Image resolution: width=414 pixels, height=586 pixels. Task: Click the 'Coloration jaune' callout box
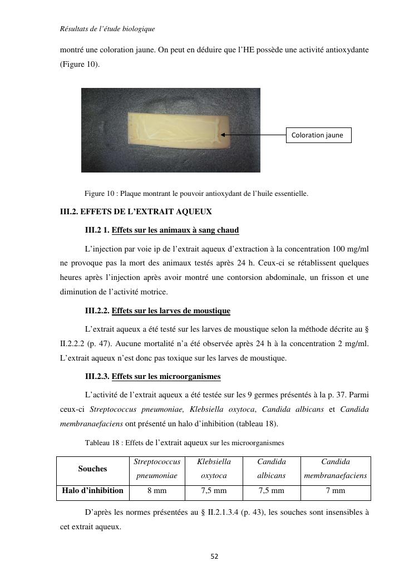(318, 135)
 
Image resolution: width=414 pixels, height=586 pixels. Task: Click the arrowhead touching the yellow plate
(223, 135)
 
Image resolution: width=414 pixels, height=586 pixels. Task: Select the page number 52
(214, 556)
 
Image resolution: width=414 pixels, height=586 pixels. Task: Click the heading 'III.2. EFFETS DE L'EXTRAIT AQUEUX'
(136, 212)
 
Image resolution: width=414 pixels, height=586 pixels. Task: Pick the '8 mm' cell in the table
(157, 490)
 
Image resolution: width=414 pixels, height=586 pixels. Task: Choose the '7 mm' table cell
(336, 490)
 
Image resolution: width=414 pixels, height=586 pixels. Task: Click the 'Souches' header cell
(92, 469)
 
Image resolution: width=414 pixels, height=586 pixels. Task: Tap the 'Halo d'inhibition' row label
(93, 490)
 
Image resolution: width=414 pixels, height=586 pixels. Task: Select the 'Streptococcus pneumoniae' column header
(157, 469)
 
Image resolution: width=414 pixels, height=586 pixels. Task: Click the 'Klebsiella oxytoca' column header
(214, 469)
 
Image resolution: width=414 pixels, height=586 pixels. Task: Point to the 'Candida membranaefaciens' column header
(336, 469)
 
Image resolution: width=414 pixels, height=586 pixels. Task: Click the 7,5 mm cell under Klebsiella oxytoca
(214, 490)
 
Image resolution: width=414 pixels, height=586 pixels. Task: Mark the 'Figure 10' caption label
(100, 194)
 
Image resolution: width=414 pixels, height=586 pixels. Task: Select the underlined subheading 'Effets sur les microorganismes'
(166, 377)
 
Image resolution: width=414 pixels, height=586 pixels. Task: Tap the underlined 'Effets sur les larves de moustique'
(171, 311)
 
